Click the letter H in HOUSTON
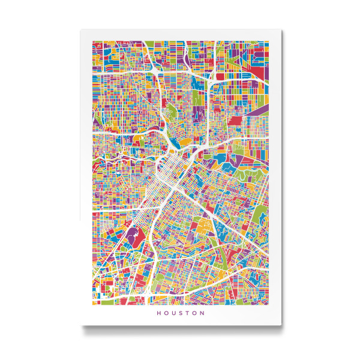pos(158,313)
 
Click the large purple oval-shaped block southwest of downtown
pos(130,235)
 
